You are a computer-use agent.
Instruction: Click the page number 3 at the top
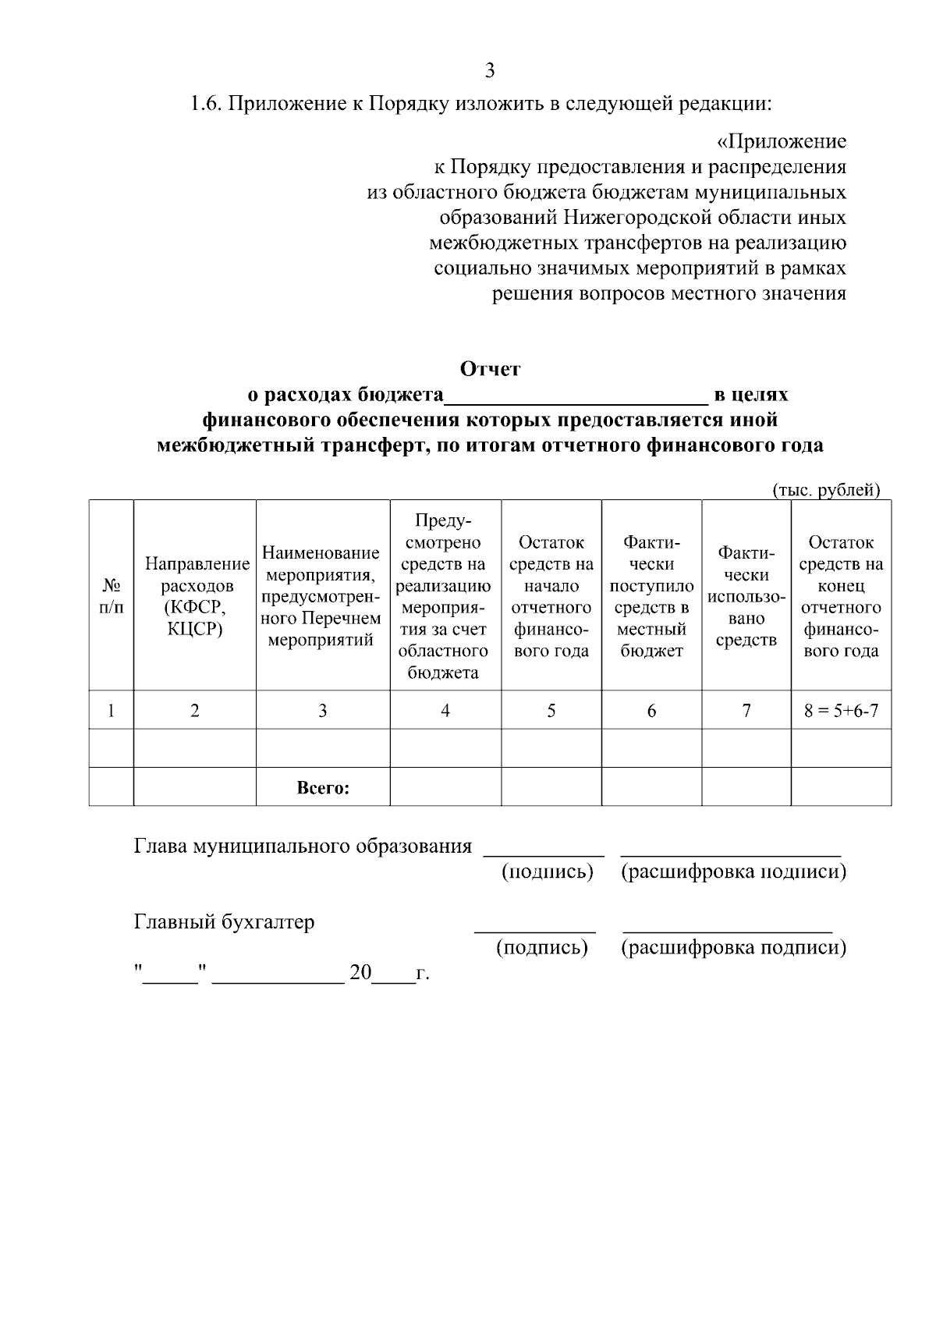[x=489, y=71]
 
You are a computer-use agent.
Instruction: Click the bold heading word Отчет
[x=489, y=369]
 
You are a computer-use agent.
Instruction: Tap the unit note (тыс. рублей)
[x=825, y=490]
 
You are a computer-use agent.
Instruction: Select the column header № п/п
[x=112, y=595]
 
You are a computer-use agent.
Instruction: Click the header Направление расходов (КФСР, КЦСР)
[x=195, y=595]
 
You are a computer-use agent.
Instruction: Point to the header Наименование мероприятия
[x=322, y=595]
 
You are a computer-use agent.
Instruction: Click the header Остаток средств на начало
[x=551, y=595]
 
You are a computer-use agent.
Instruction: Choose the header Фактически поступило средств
[x=651, y=595]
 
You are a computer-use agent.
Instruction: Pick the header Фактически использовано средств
[x=746, y=595]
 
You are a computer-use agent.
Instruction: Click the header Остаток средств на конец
[x=841, y=595]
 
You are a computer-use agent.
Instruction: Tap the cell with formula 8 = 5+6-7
[x=841, y=711]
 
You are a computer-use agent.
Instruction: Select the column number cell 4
[x=445, y=711]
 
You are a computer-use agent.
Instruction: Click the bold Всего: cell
[x=323, y=788]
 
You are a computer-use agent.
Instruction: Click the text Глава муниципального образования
[x=303, y=847]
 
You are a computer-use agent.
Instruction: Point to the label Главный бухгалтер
[x=225, y=922]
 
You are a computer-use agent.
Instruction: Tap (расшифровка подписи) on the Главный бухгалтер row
[x=733, y=948]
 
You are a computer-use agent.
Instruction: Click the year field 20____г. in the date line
[x=390, y=974]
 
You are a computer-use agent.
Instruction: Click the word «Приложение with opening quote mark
[x=781, y=142]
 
